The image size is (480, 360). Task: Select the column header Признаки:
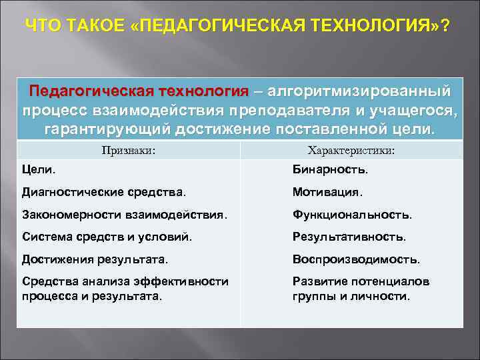(129, 151)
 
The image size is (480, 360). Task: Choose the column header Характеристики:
(351, 151)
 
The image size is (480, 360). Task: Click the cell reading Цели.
(39, 170)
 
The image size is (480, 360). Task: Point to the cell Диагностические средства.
(104, 193)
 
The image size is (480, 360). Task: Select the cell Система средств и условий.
(107, 237)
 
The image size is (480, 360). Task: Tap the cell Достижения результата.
(95, 259)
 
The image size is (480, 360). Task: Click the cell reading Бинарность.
(330, 170)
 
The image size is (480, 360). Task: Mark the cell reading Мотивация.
(327, 193)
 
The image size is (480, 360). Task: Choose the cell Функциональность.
(352, 215)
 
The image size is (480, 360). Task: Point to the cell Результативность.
(349, 237)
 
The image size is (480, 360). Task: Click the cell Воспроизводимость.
(356, 259)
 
